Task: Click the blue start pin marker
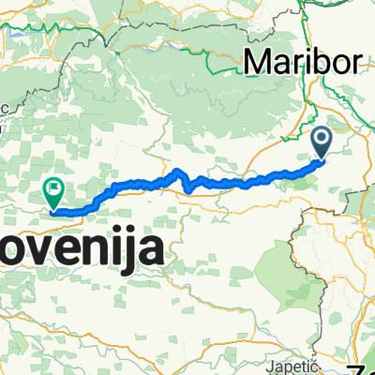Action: (321, 142)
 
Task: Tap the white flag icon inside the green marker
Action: (53, 187)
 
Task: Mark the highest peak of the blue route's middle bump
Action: (176, 171)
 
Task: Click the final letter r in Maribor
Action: (357, 63)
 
